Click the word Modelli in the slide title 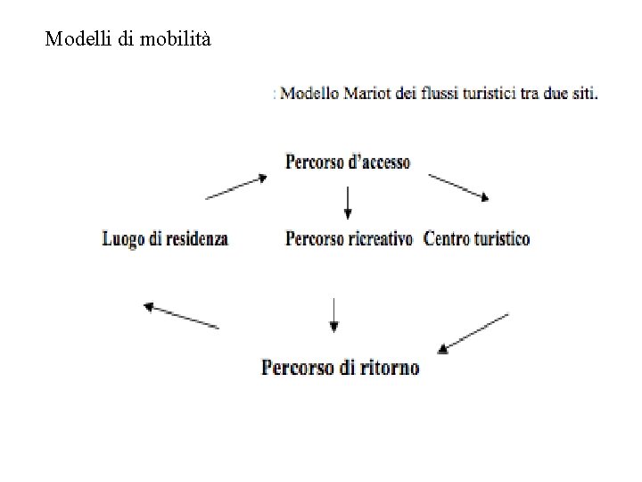click(78, 39)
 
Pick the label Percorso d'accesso click(348, 162)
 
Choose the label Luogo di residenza click(166, 239)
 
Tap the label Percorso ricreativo click(349, 239)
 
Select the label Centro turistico click(477, 239)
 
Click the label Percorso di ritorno click(341, 367)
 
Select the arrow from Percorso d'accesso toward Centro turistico click(460, 187)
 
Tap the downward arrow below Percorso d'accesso click(348, 203)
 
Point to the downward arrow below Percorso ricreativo click(333, 314)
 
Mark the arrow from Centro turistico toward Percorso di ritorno click(474, 330)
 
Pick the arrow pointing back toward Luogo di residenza click(181, 316)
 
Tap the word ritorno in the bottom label click(389, 367)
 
